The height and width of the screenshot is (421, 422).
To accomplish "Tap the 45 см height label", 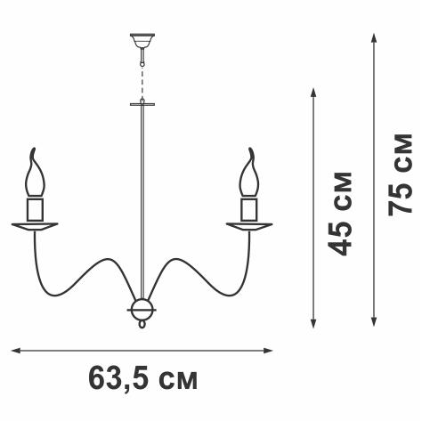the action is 340,214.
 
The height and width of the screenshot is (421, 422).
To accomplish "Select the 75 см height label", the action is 400,174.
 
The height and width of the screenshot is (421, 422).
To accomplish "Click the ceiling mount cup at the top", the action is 142,41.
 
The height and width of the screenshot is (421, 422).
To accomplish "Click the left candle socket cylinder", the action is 35,209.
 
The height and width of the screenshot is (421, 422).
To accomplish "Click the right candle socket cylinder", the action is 249,209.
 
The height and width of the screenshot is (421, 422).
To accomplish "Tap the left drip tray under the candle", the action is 35,226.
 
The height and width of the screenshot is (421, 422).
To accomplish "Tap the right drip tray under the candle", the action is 249,226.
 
